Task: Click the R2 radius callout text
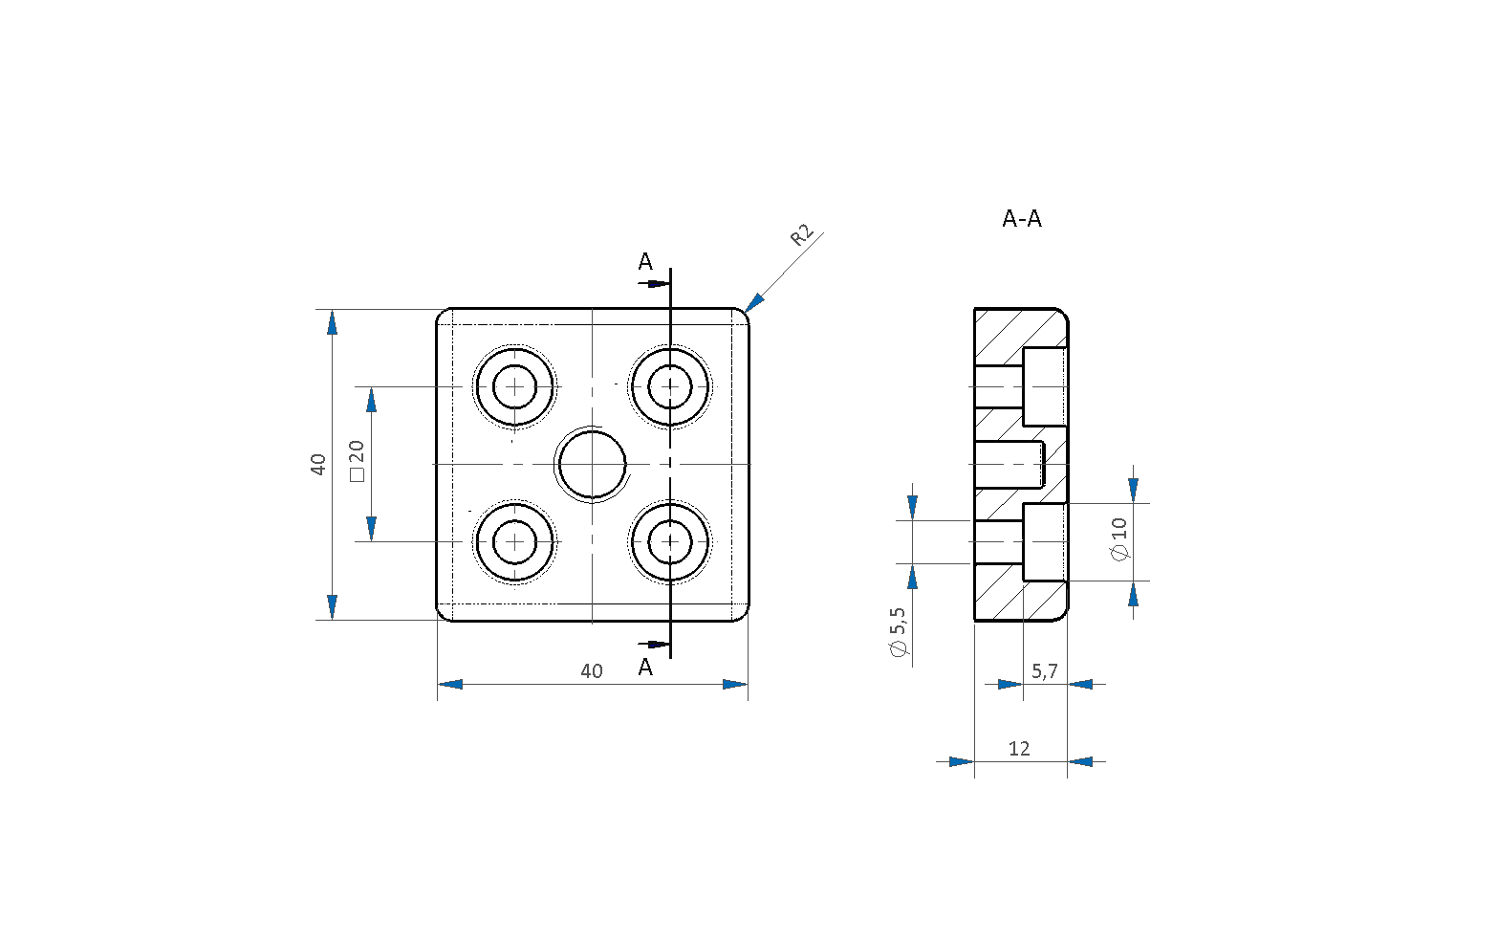802,235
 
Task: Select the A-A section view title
1022,219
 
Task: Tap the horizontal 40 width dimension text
591,670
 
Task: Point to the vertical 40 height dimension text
318,465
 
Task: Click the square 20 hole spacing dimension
358,461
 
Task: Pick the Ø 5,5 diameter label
899,632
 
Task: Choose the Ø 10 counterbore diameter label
1119,539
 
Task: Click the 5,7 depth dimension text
1045,670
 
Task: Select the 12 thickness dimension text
1019,748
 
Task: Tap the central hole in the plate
593,465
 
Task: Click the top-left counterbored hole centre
515,386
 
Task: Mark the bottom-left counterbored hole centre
515,541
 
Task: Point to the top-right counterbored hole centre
670,386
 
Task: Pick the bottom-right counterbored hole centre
670,541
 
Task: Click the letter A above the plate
645,262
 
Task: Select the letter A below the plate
645,668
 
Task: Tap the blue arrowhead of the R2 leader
754,302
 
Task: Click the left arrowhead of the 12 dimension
962,761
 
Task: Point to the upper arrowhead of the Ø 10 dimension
1133,490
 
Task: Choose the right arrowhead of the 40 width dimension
735,684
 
